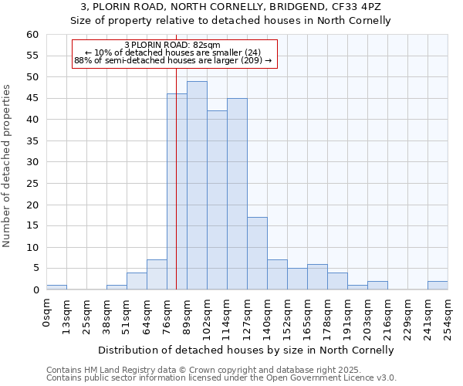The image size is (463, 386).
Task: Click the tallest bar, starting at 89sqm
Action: point(197,185)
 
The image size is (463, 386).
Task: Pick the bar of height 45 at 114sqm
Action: point(237,194)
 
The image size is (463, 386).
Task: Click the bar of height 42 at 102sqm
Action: point(217,200)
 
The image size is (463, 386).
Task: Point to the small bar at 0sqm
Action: point(56,287)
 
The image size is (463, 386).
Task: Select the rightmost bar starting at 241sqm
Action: point(438,286)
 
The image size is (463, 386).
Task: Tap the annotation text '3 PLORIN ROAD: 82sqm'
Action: point(172,45)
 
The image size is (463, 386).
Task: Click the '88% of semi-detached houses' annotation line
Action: point(172,60)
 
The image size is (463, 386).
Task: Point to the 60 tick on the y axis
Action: point(32,35)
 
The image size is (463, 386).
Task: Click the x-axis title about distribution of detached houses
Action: point(246,350)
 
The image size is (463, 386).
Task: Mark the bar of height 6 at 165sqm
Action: point(317,276)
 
